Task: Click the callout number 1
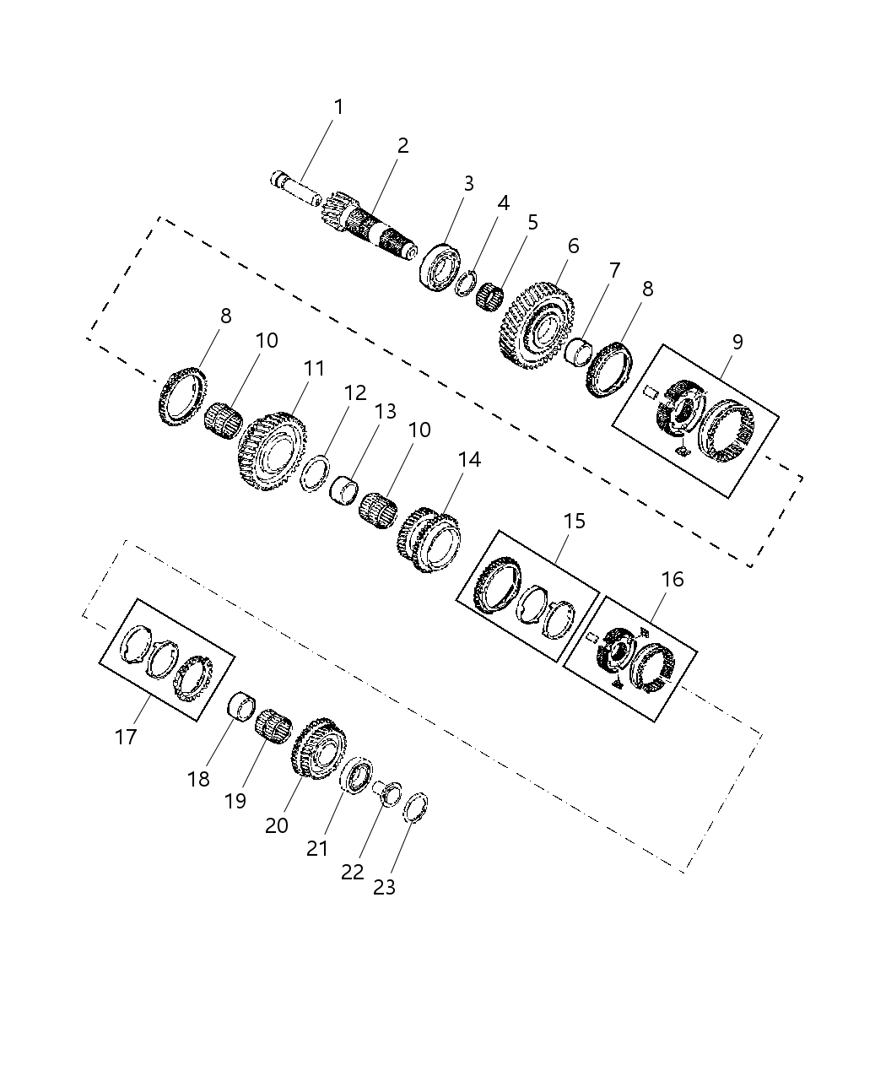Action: [x=338, y=107]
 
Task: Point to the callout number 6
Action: [x=574, y=246]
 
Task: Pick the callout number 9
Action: [x=737, y=342]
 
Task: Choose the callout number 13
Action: [x=385, y=411]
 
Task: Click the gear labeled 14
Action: [x=429, y=539]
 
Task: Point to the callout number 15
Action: [x=574, y=521]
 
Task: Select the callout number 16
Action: [x=673, y=580]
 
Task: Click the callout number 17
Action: [x=126, y=737]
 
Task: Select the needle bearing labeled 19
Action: [x=273, y=725]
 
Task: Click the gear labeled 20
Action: [x=320, y=748]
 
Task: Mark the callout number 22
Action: [x=352, y=872]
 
